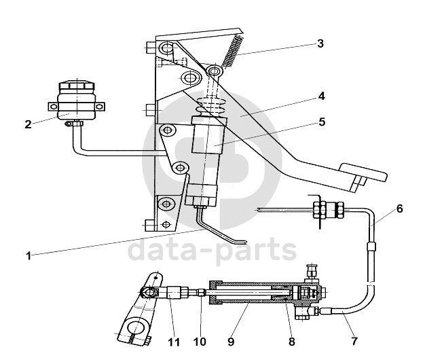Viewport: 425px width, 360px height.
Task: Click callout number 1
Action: [x=29, y=256]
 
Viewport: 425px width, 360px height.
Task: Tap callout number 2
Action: [x=29, y=124]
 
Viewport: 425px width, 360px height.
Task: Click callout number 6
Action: [x=400, y=209]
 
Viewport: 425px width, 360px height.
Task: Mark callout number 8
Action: [x=291, y=342]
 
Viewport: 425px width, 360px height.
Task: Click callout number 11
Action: [x=174, y=342]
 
